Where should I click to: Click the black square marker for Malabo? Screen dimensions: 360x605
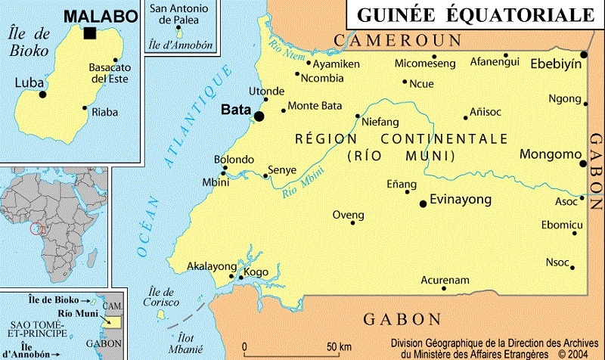pyautogui.click(x=90, y=33)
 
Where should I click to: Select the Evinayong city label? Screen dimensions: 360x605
pyautogui.click(x=460, y=200)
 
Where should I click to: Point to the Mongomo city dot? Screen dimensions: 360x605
pyautogui.click(x=583, y=163)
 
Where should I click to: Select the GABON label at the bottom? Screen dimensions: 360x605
pyautogui.click(x=402, y=318)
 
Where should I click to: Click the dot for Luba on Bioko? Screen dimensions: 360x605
pyautogui.click(x=43, y=95)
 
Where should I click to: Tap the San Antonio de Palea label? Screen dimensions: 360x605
pyautogui.click(x=180, y=14)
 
